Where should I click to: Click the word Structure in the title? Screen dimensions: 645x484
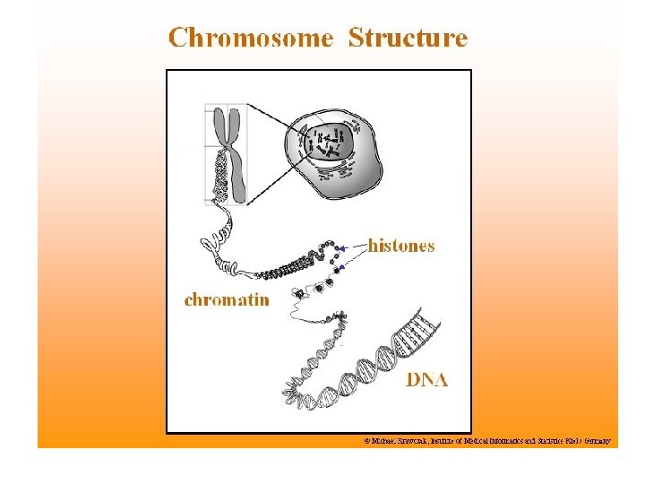click(x=408, y=39)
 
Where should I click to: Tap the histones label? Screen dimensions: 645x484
click(x=401, y=246)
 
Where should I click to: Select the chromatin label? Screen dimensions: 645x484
click(x=227, y=299)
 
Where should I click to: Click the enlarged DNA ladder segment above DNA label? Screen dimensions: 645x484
click(x=415, y=337)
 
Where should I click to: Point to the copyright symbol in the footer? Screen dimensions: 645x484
click(x=366, y=442)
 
